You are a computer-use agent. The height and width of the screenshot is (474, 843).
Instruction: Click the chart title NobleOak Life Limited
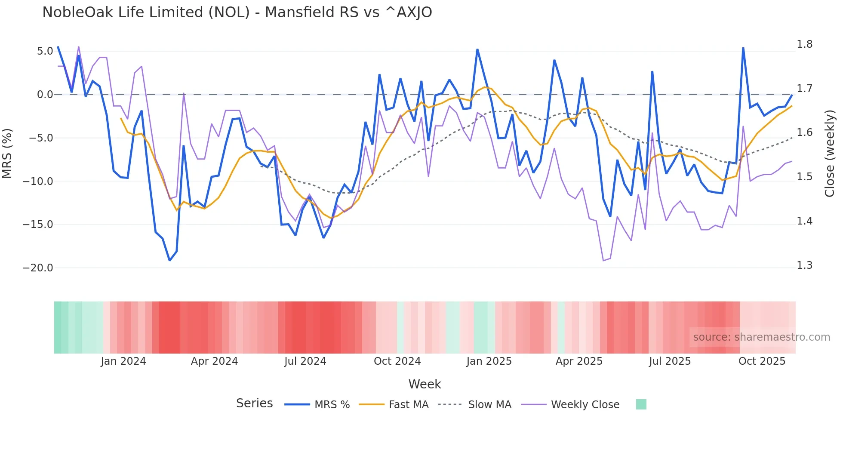tap(237, 12)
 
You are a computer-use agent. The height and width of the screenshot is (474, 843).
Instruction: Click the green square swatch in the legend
tap(641, 404)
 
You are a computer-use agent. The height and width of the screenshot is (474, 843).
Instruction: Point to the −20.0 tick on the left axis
tap(38, 268)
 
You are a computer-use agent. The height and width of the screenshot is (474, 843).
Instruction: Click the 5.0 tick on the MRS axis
tap(45, 51)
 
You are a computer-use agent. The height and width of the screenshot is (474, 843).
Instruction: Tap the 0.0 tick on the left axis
tap(45, 95)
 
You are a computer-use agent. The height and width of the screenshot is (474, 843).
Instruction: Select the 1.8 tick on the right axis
tap(804, 44)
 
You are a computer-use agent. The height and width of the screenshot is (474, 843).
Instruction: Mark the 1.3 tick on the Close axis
tap(804, 265)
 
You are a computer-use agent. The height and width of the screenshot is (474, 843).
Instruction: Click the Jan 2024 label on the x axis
tap(123, 361)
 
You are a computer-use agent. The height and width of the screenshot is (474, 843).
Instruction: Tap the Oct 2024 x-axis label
tap(397, 361)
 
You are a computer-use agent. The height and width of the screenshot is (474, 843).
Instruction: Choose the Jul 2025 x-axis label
tap(670, 361)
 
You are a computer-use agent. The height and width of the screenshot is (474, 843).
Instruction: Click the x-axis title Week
tap(425, 384)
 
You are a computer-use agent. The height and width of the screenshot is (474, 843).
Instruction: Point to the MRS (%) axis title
tap(7, 154)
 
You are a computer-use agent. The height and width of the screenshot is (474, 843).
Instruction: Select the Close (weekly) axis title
tap(830, 154)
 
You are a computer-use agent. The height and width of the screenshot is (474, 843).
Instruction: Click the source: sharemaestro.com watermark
tap(761, 337)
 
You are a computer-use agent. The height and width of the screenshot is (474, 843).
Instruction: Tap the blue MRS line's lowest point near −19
tap(169, 260)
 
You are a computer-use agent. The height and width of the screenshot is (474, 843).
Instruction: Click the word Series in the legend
tap(254, 403)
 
